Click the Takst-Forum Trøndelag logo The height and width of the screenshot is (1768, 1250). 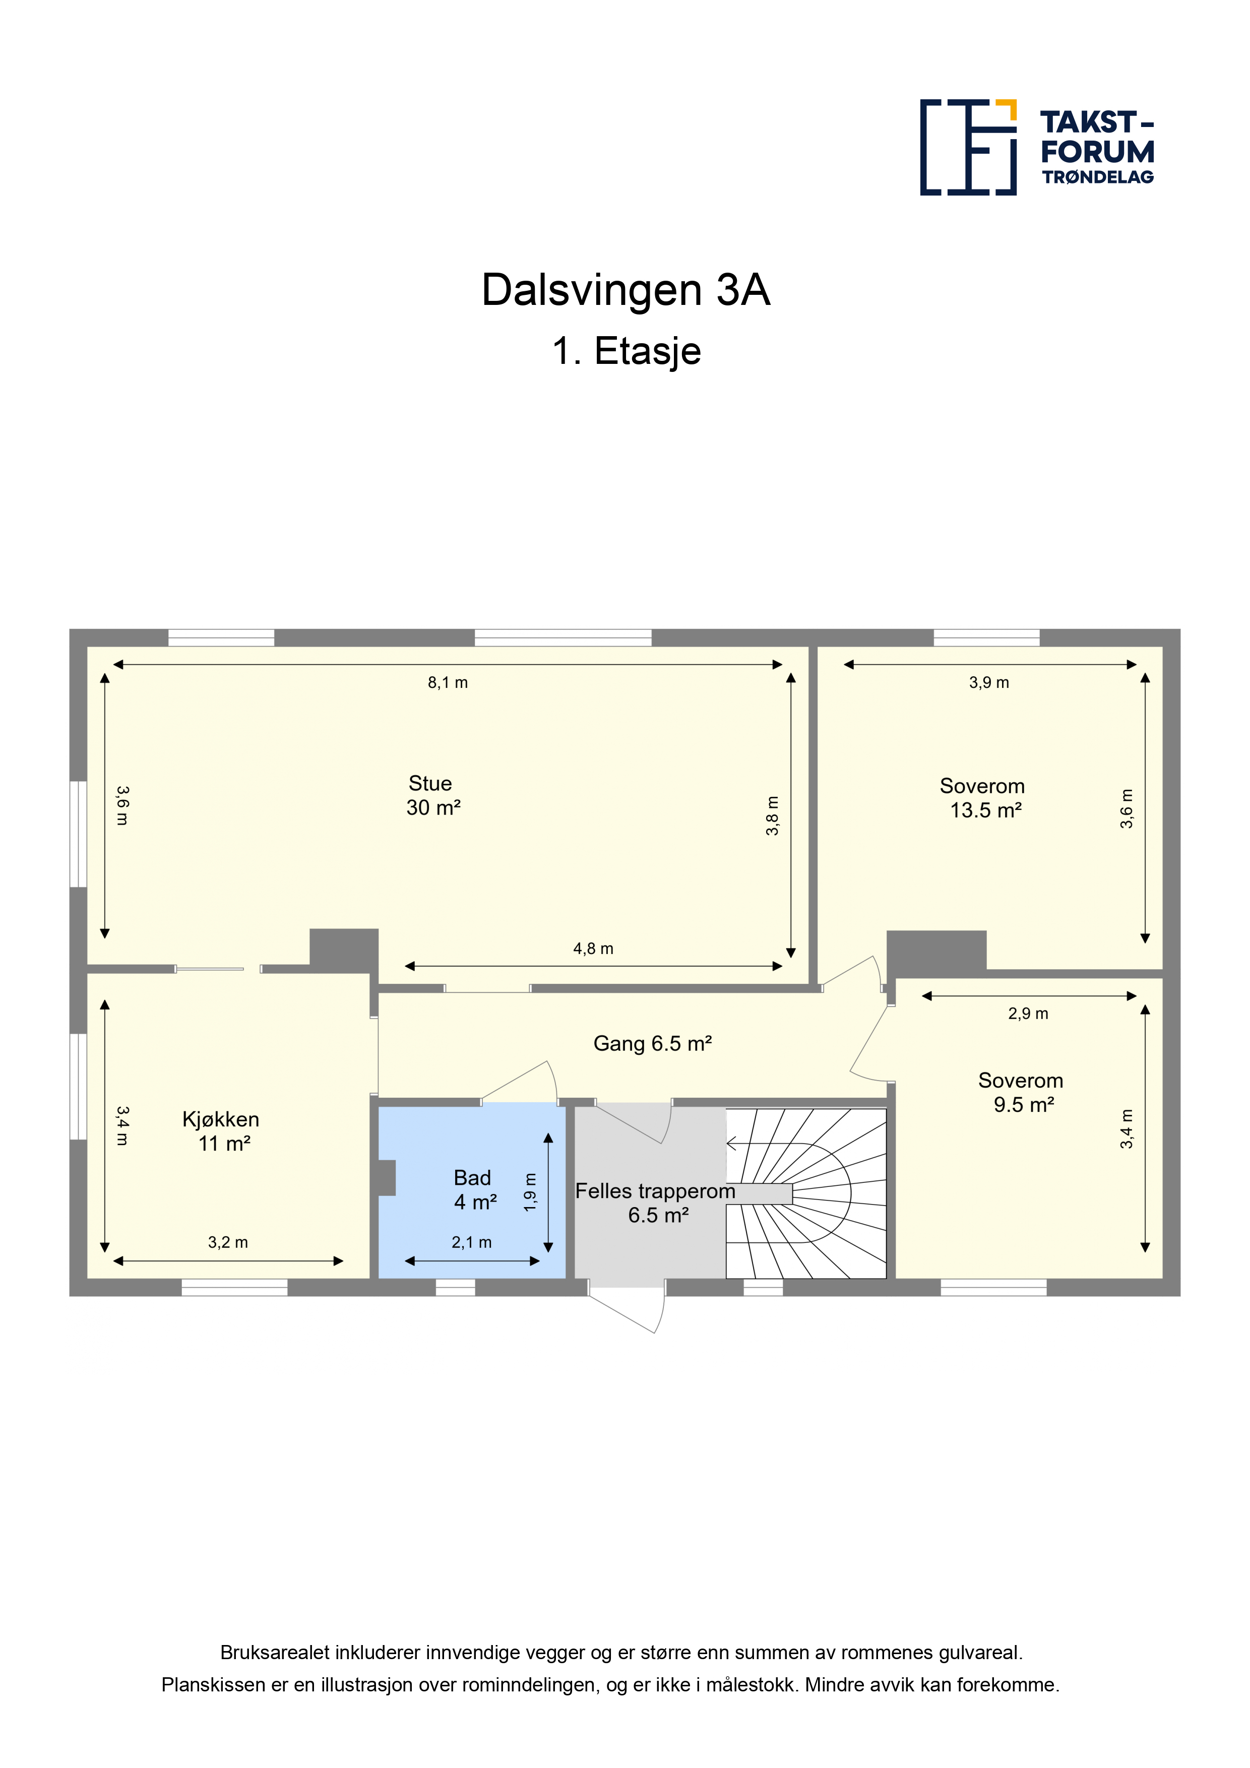click(1037, 147)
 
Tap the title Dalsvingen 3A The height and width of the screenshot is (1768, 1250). click(626, 290)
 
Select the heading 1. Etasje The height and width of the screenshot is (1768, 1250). click(626, 351)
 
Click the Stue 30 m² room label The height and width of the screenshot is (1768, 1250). click(432, 795)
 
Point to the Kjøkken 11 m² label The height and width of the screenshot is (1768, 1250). click(221, 1131)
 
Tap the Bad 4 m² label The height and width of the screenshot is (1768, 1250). click(474, 1190)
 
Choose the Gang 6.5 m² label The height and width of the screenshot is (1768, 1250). click(652, 1044)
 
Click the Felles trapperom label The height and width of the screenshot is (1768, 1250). click(655, 1191)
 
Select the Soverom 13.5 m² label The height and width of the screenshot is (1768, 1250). click(983, 798)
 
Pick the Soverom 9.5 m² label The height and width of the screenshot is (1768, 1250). click(1021, 1093)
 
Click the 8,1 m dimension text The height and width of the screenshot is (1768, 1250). click(448, 683)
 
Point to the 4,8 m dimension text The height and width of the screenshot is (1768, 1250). click(593, 949)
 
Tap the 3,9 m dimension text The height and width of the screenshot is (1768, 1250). click(989, 683)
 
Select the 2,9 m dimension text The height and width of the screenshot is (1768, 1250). click(1028, 1014)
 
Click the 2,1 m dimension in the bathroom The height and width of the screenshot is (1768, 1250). click(471, 1243)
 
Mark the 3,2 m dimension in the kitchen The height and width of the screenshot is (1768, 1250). click(228, 1243)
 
